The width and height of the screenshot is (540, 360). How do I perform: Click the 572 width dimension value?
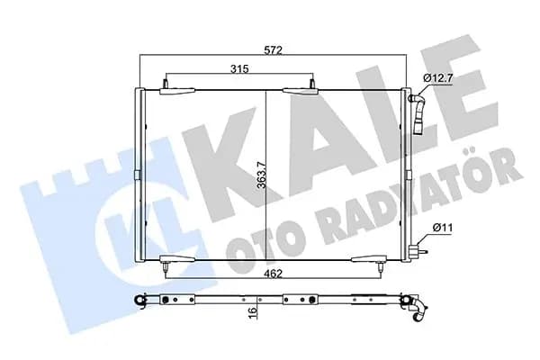[x=273, y=50]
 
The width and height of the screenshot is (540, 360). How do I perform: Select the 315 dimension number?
[x=239, y=69]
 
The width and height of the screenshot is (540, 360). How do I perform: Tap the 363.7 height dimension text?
[x=262, y=175]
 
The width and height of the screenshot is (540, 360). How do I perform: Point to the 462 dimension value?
[x=273, y=274]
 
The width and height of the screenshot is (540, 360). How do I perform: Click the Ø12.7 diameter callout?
[x=437, y=78]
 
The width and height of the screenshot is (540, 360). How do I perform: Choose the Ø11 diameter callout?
[x=443, y=228]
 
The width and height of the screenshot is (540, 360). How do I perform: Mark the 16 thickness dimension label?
[x=253, y=310]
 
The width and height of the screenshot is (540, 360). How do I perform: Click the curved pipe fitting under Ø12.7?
[x=418, y=114]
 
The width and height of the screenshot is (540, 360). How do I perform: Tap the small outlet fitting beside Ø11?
[x=418, y=251]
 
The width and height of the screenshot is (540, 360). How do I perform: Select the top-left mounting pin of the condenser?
[x=166, y=84]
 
